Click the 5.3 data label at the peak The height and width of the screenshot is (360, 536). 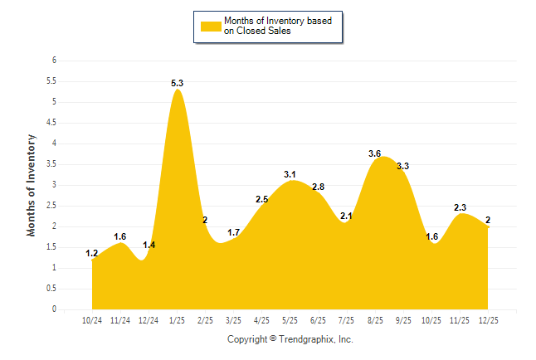tap(177, 83)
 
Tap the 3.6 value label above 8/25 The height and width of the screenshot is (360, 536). tap(374, 153)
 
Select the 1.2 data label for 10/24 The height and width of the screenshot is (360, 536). tap(91, 253)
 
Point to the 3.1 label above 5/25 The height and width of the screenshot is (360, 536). tap(290, 174)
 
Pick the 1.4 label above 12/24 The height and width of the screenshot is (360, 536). tap(149, 245)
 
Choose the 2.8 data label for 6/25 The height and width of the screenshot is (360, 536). tap(318, 187)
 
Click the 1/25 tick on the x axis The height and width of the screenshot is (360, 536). tap(177, 319)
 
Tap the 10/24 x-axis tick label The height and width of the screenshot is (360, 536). tap(92, 319)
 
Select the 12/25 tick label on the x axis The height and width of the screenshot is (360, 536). tap(487, 319)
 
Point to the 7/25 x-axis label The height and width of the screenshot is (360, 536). tap(346, 319)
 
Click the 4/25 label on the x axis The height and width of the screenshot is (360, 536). tap(261, 319)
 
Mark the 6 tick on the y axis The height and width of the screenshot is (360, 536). tap(54, 61)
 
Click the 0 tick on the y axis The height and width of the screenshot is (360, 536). tap(54, 309)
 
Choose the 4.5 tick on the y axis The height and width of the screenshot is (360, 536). tap(51, 123)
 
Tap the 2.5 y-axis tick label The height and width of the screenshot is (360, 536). tap(51, 206)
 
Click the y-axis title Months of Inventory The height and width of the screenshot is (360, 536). tap(32, 185)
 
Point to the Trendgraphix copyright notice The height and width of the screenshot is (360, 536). tap(290, 339)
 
